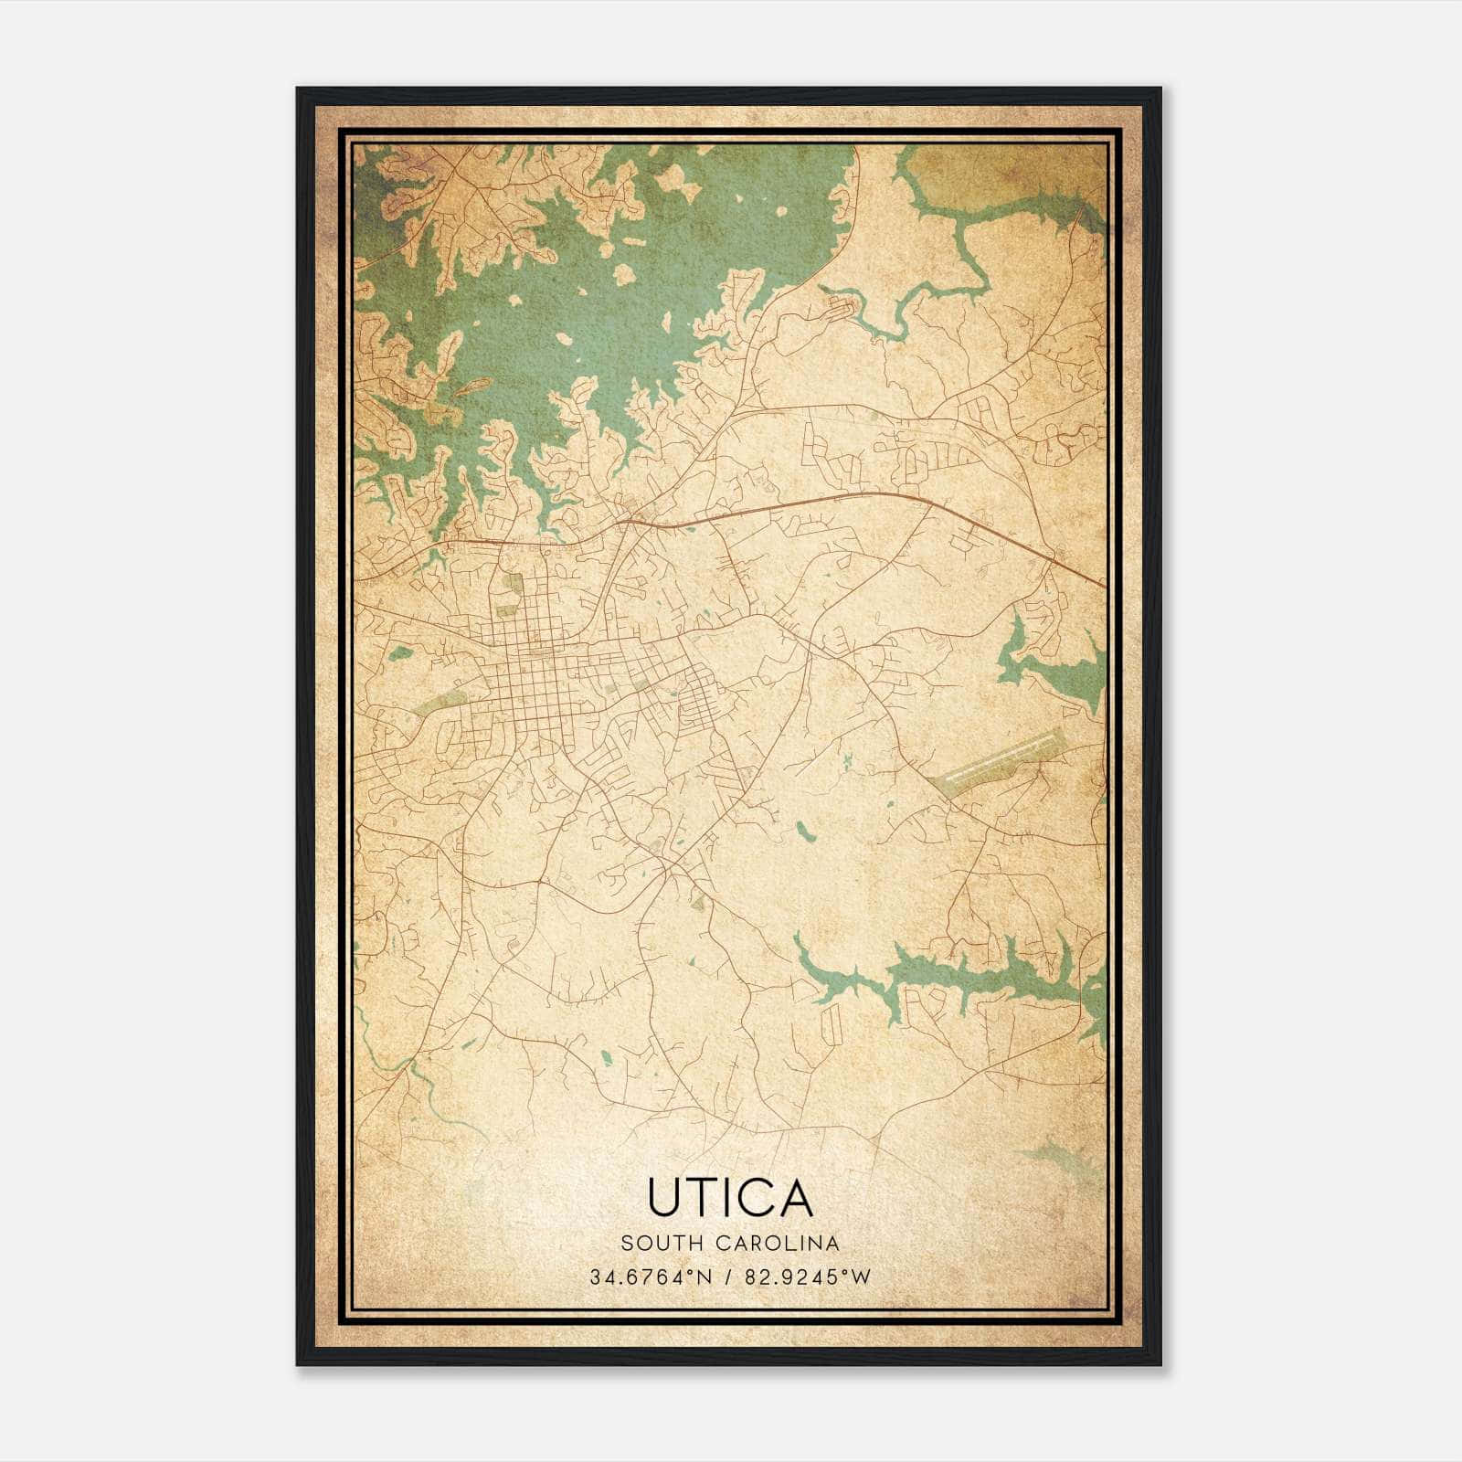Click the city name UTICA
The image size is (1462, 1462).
(x=730, y=1197)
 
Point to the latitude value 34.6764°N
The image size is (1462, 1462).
(x=651, y=1277)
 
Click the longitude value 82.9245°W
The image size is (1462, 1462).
(x=808, y=1277)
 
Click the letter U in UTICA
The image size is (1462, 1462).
(x=663, y=1197)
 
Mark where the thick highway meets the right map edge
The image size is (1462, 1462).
(x=1103, y=582)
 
